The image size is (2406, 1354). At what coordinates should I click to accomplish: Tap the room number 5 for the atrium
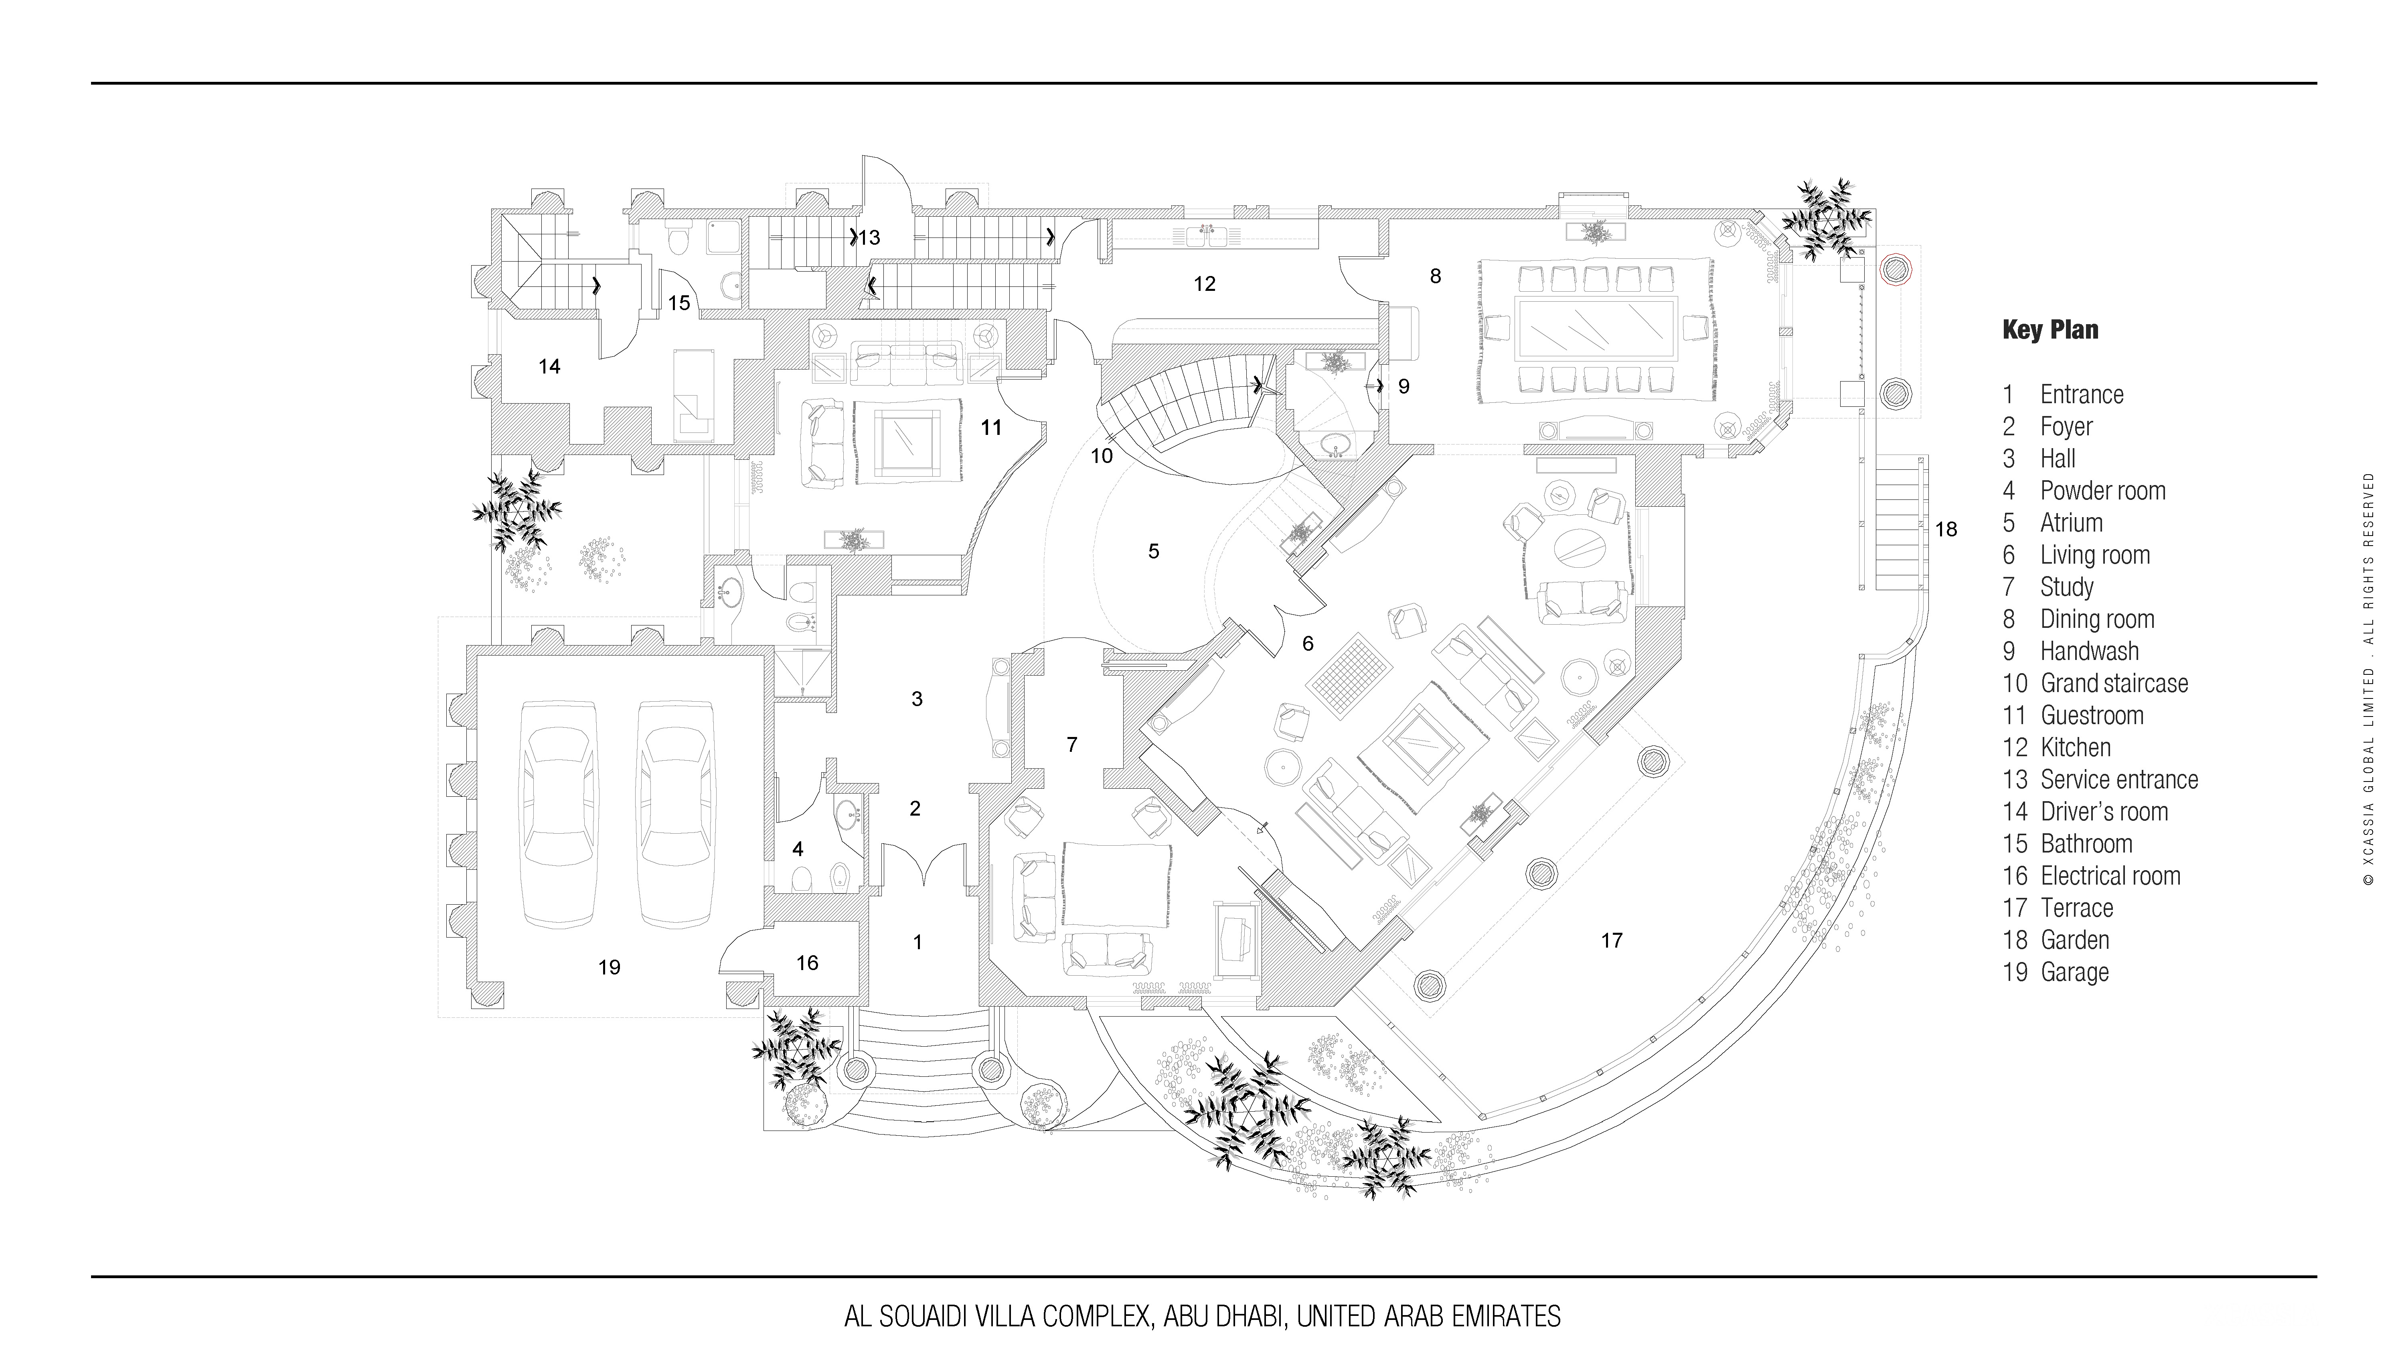pyautogui.click(x=1154, y=551)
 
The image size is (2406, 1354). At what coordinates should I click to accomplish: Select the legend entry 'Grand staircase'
pyautogui.click(x=2114, y=683)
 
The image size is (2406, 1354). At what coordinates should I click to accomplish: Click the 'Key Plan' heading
pyautogui.click(x=2050, y=330)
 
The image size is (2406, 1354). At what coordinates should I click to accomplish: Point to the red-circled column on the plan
pyautogui.click(x=1895, y=269)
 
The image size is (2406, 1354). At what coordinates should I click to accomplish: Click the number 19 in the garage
pyautogui.click(x=609, y=967)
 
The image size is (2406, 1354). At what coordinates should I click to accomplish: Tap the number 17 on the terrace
pyautogui.click(x=1611, y=940)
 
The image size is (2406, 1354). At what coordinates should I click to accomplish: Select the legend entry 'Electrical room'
pyautogui.click(x=2110, y=875)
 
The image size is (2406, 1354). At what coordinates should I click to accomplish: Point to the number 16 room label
pyautogui.click(x=807, y=962)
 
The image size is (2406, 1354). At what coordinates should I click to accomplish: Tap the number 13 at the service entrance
pyautogui.click(x=869, y=238)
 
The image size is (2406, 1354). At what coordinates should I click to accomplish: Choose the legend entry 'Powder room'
pyautogui.click(x=2102, y=491)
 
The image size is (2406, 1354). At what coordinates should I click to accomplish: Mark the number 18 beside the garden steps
pyautogui.click(x=1946, y=529)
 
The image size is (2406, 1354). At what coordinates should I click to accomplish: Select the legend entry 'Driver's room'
pyautogui.click(x=2103, y=811)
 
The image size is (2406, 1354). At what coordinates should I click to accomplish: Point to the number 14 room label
pyautogui.click(x=549, y=366)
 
